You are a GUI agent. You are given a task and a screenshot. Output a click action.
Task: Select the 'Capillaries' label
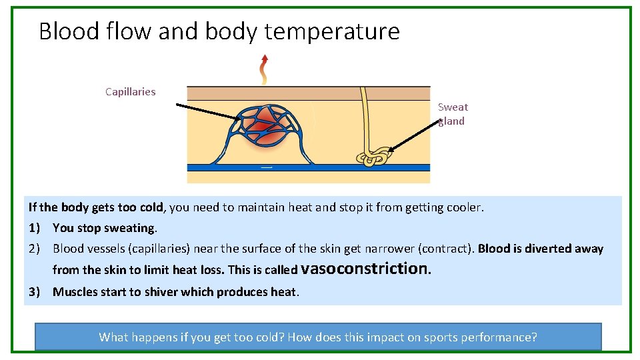(131, 92)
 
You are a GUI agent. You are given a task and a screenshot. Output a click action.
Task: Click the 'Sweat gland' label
(453, 114)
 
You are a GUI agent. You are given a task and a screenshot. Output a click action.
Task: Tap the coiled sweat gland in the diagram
(373, 156)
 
